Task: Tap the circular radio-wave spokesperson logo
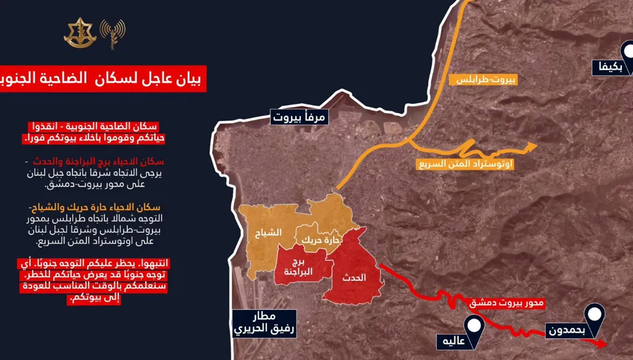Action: click(x=112, y=32)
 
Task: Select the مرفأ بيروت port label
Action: click(x=297, y=116)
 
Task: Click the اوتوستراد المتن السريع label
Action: click(x=465, y=165)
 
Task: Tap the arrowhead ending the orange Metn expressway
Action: click(x=530, y=147)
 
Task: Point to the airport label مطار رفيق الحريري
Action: click(x=264, y=322)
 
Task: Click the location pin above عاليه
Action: click(x=474, y=325)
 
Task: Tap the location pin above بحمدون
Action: click(x=593, y=314)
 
